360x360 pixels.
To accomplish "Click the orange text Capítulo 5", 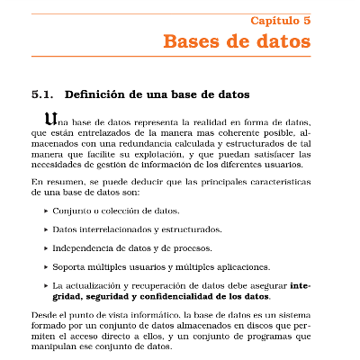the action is pos(281,20).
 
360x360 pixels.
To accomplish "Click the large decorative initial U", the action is pos(50,118).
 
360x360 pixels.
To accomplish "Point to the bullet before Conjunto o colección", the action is pos(46,211).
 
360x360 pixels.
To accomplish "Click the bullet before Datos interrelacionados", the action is pos(46,229).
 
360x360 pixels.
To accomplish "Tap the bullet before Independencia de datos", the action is pos(46,247).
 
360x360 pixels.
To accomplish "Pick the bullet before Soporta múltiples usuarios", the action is pos(46,266).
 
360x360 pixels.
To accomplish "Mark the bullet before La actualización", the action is pos(46,285).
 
